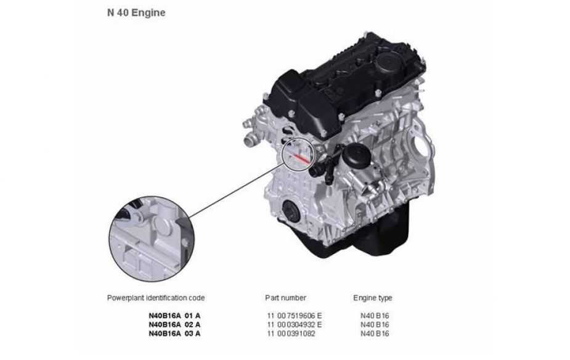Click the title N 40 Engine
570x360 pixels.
pos(136,13)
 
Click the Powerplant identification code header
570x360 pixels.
pos(155,298)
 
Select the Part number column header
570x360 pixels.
pos(285,298)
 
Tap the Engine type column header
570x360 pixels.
pos(373,298)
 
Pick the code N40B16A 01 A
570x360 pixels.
pos(174,316)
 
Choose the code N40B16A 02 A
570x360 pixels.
pos(174,324)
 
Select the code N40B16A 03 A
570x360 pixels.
pos(174,333)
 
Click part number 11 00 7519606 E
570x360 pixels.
pos(295,316)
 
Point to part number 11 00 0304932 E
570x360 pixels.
pos(295,324)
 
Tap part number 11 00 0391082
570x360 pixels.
pos(291,333)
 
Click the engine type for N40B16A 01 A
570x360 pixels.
pos(375,316)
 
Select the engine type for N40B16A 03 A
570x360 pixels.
pos(375,333)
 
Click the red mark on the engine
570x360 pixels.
pos(301,158)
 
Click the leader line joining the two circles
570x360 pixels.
pos(236,190)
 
